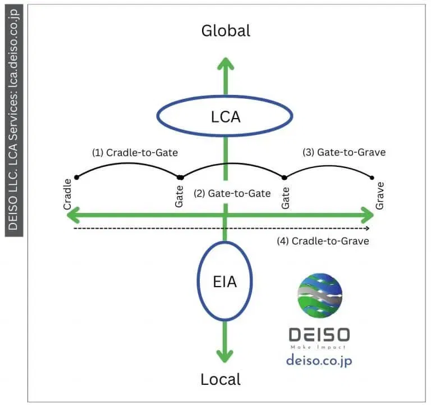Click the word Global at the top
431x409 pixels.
(x=226, y=30)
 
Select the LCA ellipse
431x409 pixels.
(x=224, y=116)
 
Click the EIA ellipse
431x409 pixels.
(x=224, y=281)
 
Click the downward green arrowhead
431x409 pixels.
(x=225, y=354)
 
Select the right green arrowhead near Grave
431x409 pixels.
(x=366, y=214)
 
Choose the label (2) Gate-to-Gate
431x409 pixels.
(x=232, y=193)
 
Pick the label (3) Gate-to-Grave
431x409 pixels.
(x=344, y=152)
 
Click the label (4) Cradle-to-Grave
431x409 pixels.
(x=323, y=241)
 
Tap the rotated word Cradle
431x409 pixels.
(x=68, y=194)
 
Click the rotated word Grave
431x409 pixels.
(x=380, y=194)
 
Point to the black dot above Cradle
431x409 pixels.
(x=76, y=178)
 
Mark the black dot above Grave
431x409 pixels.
(x=373, y=178)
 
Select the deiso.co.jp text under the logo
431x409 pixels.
(x=319, y=360)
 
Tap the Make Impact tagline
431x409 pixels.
(x=319, y=347)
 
